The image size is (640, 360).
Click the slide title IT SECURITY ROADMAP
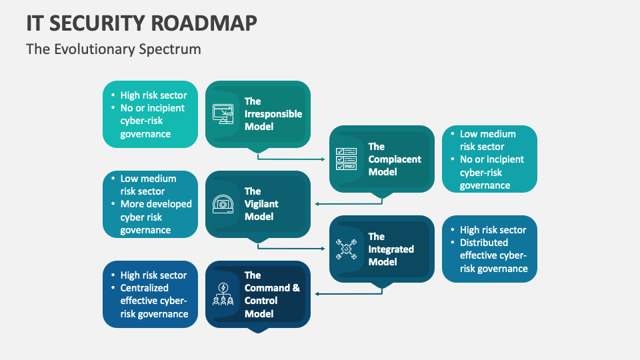click(x=141, y=23)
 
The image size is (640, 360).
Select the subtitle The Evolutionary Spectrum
click(x=113, y=49)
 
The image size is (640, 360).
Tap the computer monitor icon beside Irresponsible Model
click(x=223, y=114)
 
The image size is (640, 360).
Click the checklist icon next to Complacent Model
click(x=347, y=159)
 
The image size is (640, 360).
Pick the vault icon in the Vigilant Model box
click(x=223, y=204)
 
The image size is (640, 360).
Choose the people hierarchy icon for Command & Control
click(x=223, y=294)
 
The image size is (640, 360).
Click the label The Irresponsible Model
click(x=273, y=114)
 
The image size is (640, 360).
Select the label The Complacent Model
click(x=395, y=159)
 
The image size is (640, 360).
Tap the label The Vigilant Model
click(x=261, y=204)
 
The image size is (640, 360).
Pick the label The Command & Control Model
click(x=272, y=294)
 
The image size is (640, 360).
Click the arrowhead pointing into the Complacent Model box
click(x=325, y=159)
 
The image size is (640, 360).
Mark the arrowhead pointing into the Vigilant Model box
click(x=317, y=204)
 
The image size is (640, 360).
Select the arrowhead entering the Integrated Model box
click(x=325, y=249)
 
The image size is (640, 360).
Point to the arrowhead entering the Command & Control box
click(x=317, y=294)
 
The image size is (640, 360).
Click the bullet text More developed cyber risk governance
click(x=156, y=217)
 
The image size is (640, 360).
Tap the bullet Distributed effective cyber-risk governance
click(x=493, y=255)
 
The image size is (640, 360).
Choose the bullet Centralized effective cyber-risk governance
click(x=154, y=301)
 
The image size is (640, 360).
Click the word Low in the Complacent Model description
click(x=469, y=134)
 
